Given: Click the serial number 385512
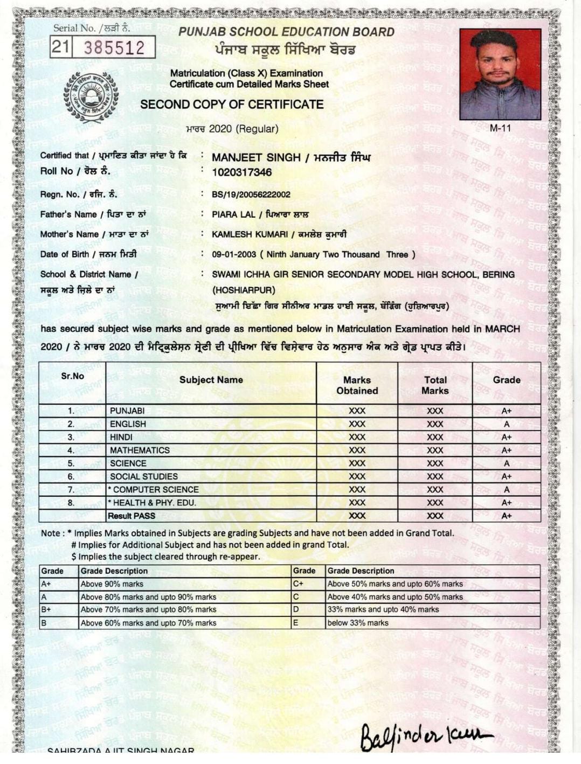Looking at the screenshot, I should coord(114,48).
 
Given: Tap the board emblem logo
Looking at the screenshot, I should coord(91,97).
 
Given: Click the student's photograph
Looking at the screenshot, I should coord(500,74).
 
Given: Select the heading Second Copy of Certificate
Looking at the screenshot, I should coord(232,105).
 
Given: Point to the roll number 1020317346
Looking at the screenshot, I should coord(241,172).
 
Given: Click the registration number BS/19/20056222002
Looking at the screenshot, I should coord(251,195).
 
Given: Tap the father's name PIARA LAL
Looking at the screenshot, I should coord(233,214).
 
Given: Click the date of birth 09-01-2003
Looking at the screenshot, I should coord(234,254).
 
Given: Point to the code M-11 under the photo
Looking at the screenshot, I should coord(500,128).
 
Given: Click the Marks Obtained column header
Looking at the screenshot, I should coord(357,385).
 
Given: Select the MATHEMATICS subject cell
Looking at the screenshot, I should coord(140,450).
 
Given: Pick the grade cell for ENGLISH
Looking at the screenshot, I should coord(506,424).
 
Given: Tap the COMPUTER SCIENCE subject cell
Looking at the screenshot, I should coord(155,490).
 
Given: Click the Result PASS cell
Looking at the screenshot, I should coord(132,516).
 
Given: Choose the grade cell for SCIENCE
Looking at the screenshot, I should coord(506,463).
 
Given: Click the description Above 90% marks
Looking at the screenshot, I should coord(112,584).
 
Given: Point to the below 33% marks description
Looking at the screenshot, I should coord(358,623).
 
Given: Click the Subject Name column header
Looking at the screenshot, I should coord(211,380).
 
